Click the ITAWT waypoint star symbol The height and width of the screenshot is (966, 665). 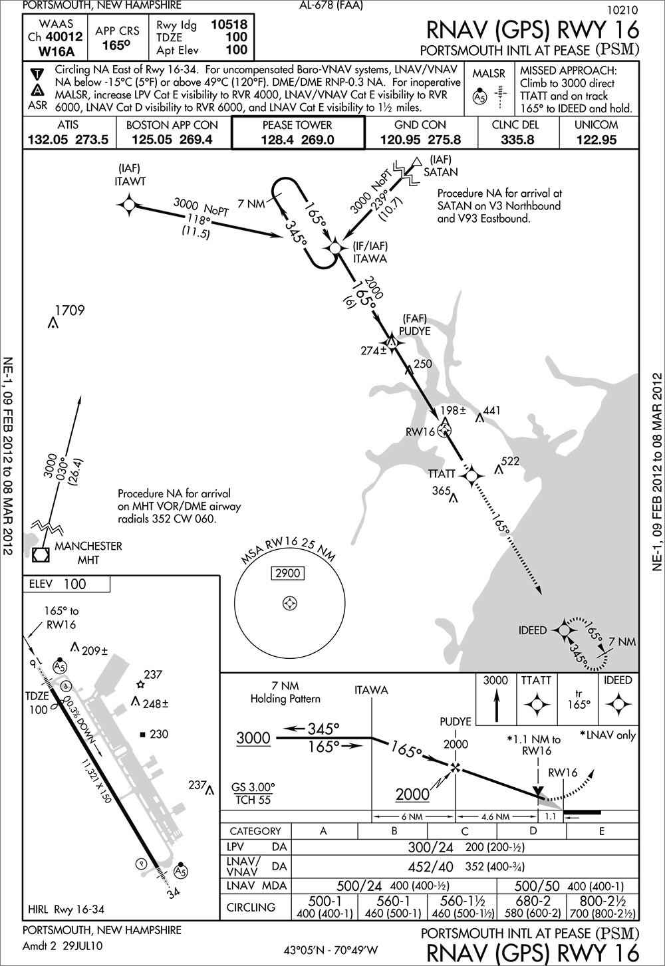tap(129, 205)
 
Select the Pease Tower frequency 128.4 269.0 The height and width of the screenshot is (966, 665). tap(298, 140)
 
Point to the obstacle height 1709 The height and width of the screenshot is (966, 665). tap(69, 310)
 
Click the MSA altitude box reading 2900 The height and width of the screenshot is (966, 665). tap(289, 573)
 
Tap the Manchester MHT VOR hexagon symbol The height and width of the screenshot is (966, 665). tap(41, 535)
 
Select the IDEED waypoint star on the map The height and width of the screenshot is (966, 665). tap(564, 630)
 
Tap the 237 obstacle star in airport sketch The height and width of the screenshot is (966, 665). tap(140, 684)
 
